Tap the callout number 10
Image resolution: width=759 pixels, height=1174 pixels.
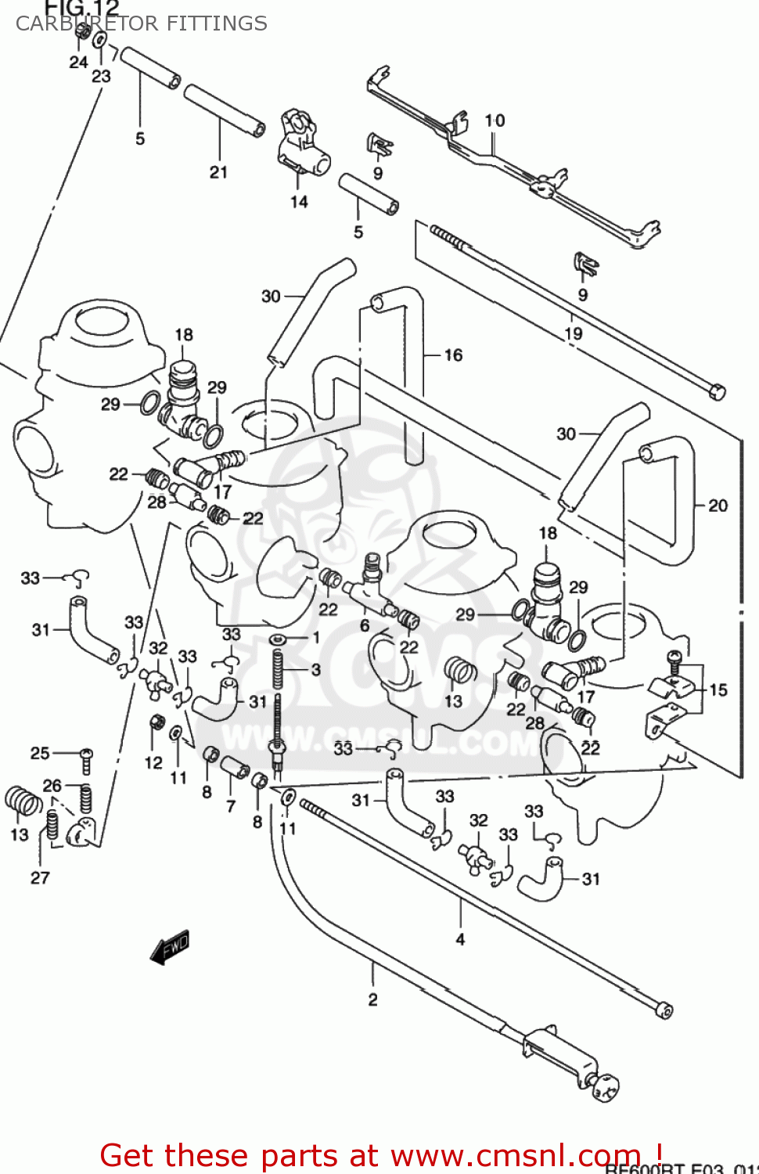click(495, 121)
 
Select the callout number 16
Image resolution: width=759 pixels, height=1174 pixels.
click(453, 355)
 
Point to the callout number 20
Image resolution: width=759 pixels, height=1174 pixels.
click(718, 506)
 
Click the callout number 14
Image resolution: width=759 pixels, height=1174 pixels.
click(299, 202)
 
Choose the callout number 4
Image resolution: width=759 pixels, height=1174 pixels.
click(460, 938)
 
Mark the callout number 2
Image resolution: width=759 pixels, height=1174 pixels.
click(372, 999)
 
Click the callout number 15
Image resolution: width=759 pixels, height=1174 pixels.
click(718, 690)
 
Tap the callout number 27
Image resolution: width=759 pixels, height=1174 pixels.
click(40, 878)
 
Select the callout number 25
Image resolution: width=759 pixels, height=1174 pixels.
click(40, 753)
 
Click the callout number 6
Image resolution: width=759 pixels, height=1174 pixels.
click(365, 625)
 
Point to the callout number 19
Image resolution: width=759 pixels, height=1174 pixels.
click(574, 333)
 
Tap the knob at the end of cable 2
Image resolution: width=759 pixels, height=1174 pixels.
click(604, 1086)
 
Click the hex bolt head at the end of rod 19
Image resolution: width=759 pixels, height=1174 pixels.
click(716, 391)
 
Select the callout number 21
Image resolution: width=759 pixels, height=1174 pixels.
click(218, 172)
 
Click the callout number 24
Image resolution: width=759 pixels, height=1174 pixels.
click(78, 62)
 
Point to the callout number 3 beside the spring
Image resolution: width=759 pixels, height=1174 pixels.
click(315, 670)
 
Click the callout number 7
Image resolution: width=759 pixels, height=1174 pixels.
click(230, 806)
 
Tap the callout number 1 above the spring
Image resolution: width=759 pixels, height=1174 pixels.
click(316, 637)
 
